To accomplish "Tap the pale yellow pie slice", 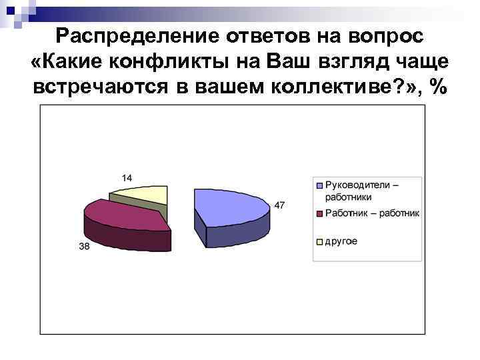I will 143,193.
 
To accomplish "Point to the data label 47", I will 279,205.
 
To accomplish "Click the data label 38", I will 85,246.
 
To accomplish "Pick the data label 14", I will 127,177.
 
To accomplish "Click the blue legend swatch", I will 319,185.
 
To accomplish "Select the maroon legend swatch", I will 319,214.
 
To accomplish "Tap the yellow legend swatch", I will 319,241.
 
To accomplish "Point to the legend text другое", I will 341,241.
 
